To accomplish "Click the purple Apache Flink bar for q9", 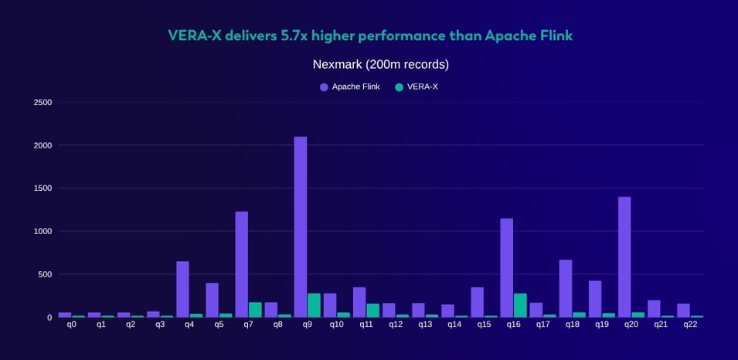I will pyautogui.click(x=300, y=227).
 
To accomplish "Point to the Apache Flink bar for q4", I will pyautogui.click(x=182, y=289).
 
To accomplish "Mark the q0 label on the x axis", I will pyautogui.click(x=71, y=324).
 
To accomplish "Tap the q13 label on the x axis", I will pyautogui.click(x=424, y=324).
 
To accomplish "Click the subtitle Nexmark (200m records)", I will pyautogui.click(x=380, y=64).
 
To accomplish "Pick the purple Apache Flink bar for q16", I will pyautogui.click(x=506, y=267).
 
